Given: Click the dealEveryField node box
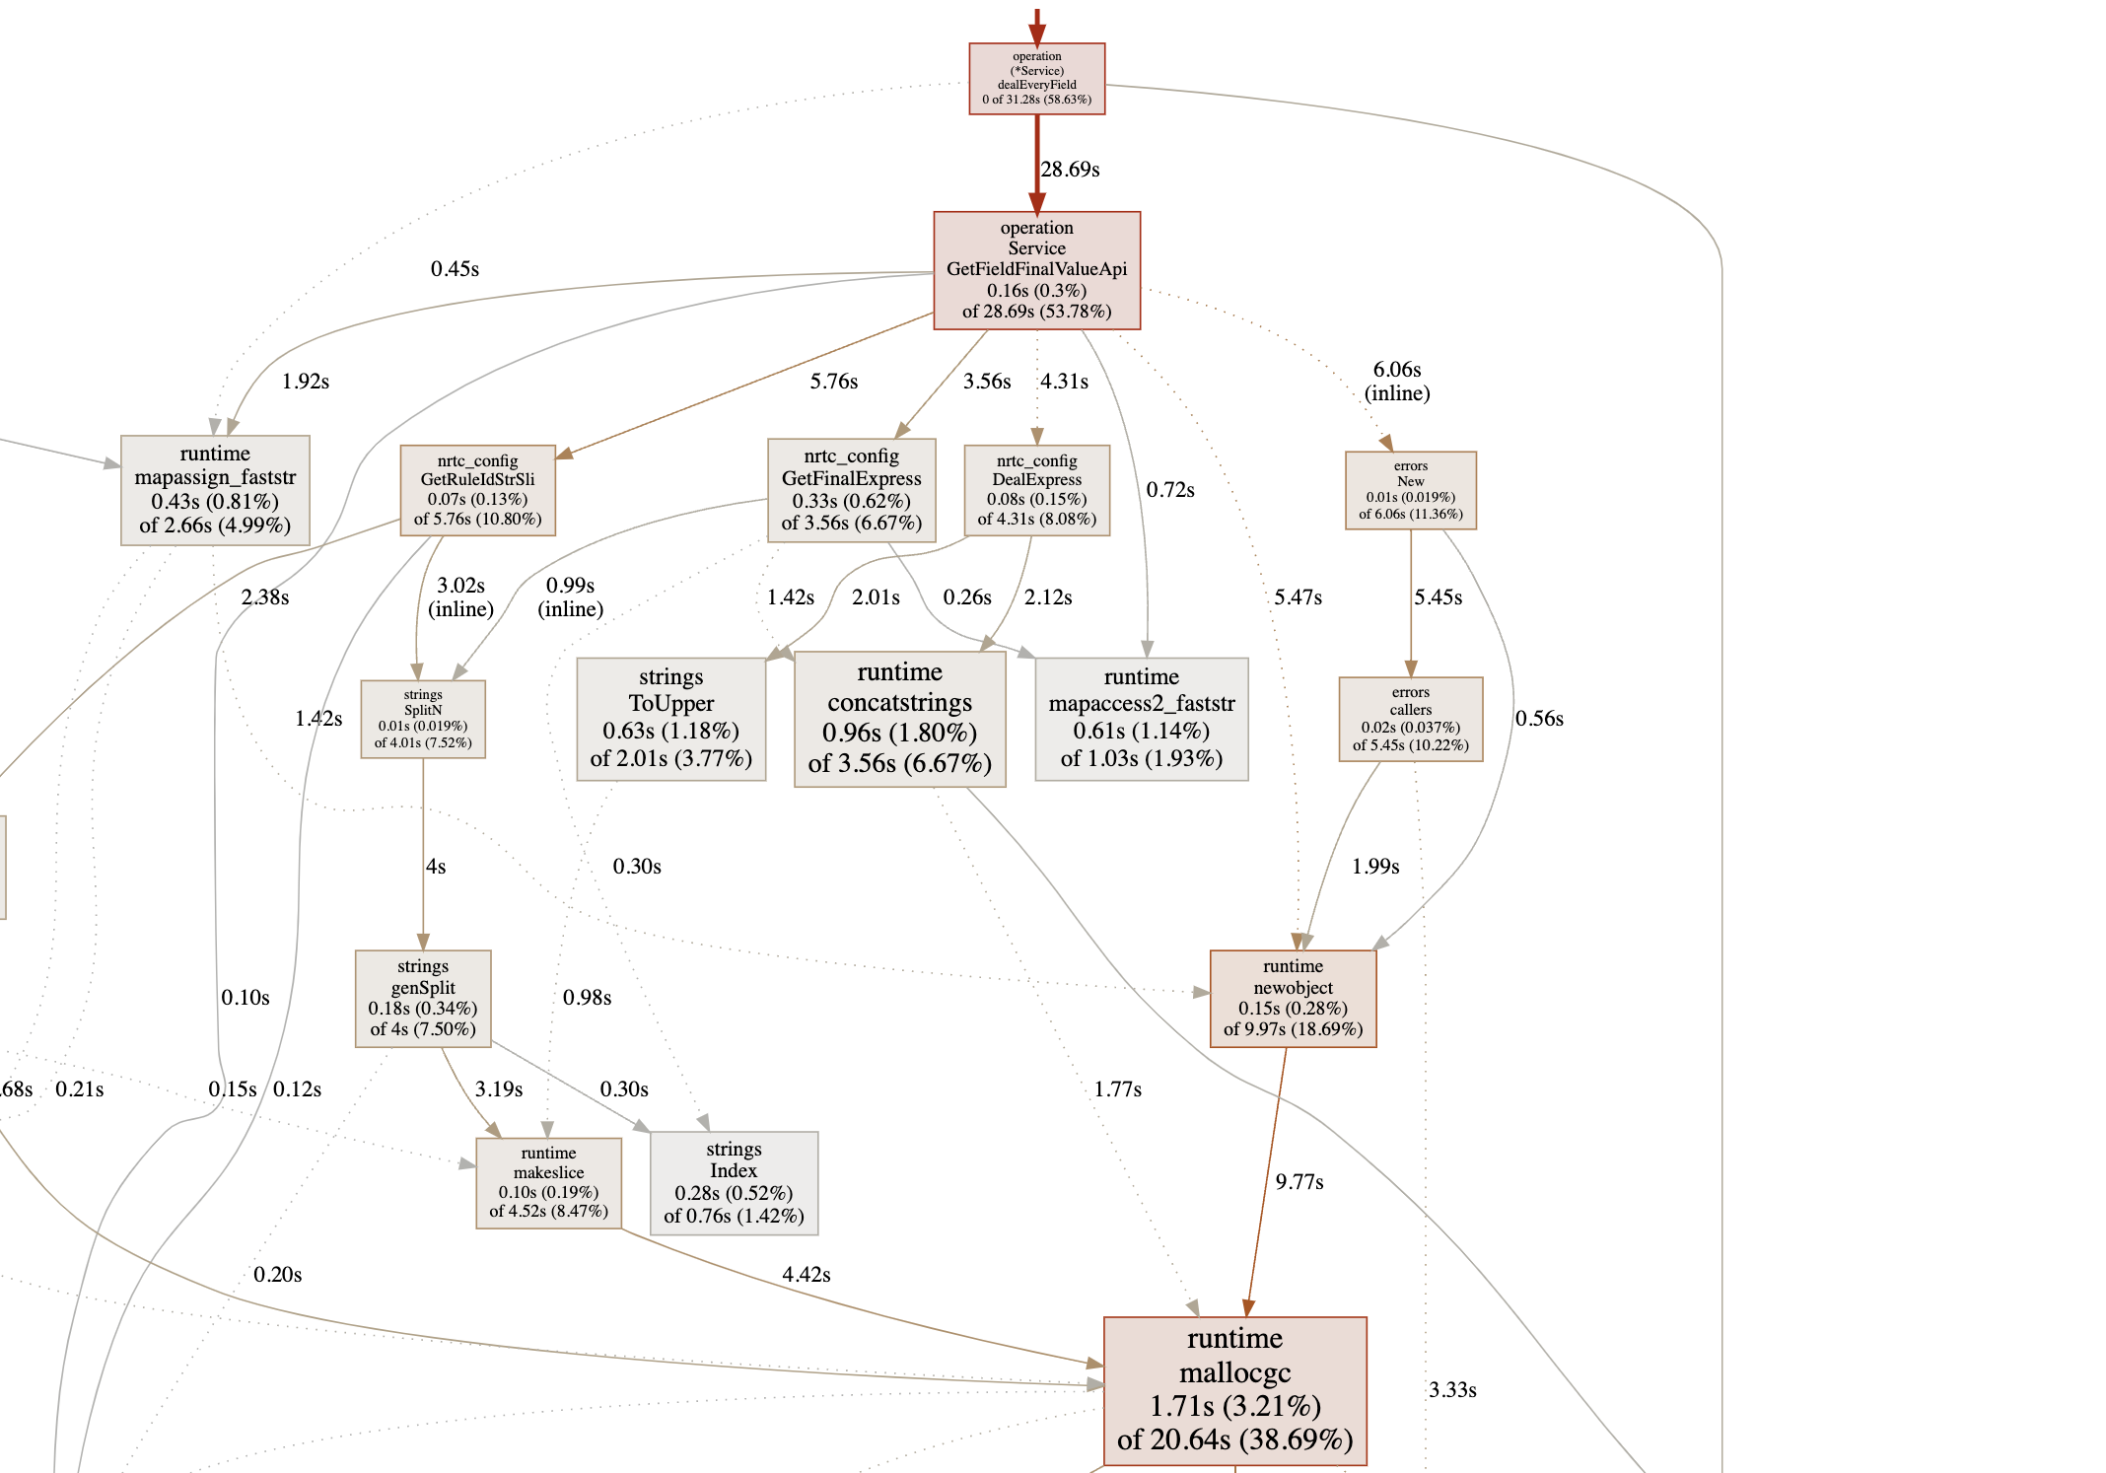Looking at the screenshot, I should point(1036,79).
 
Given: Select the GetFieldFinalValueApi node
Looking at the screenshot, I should point(1036,270).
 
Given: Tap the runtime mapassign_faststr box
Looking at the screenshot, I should point(215,490).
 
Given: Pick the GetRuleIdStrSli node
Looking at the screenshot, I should point(477,490).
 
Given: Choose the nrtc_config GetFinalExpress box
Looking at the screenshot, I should point(851,490).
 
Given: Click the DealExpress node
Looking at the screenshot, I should point(1036,490).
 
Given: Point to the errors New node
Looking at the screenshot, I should point(1410,490).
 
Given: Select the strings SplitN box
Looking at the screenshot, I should point(423,719).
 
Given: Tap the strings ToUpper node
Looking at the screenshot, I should point(670,718).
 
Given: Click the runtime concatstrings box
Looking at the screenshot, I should point(899,719).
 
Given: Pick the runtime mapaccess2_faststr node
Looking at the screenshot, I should point(1141,719).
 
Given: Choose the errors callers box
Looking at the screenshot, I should point(1410,719).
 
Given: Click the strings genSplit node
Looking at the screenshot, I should point(423,998).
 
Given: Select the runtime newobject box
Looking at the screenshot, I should point(1293,998).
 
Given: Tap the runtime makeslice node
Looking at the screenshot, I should point(548,1182).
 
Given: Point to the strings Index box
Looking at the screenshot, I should point(734,1182).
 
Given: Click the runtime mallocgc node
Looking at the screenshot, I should point(1234,1390).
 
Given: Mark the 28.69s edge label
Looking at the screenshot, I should point(1070,170).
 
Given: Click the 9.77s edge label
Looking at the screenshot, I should point(1299,1182).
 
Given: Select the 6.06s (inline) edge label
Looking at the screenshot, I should point(1396,382).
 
